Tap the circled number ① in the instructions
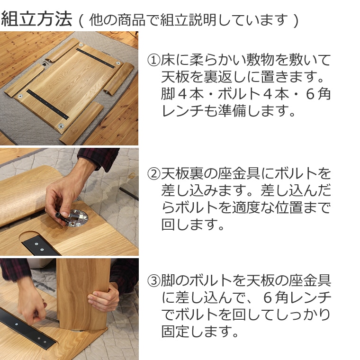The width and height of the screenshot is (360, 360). pos(154,60)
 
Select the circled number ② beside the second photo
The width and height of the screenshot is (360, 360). pos(154,174)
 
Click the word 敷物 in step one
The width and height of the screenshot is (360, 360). pos(260,60)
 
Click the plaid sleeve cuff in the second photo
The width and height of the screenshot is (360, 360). pos(97,157)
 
